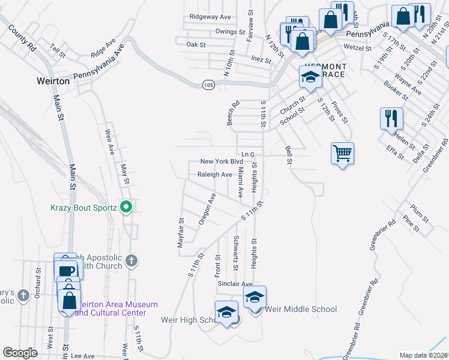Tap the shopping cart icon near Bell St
(x=342, y=153)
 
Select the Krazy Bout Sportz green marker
(x=125, y=208)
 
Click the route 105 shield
(x=208, y=85)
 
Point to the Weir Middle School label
(x=301, y=309)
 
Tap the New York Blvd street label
(x=221, y=161)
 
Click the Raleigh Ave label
(x=215, y=175)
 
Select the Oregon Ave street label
(x=208, y=209)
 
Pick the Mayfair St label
(x=179, y=232)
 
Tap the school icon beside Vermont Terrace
(x=310, y=76)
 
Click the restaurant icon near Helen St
(x=391, y=117)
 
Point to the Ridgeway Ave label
(x=210, y=17)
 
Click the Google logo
(x=20, y=353)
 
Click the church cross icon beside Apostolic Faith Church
(x=132, y=261)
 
